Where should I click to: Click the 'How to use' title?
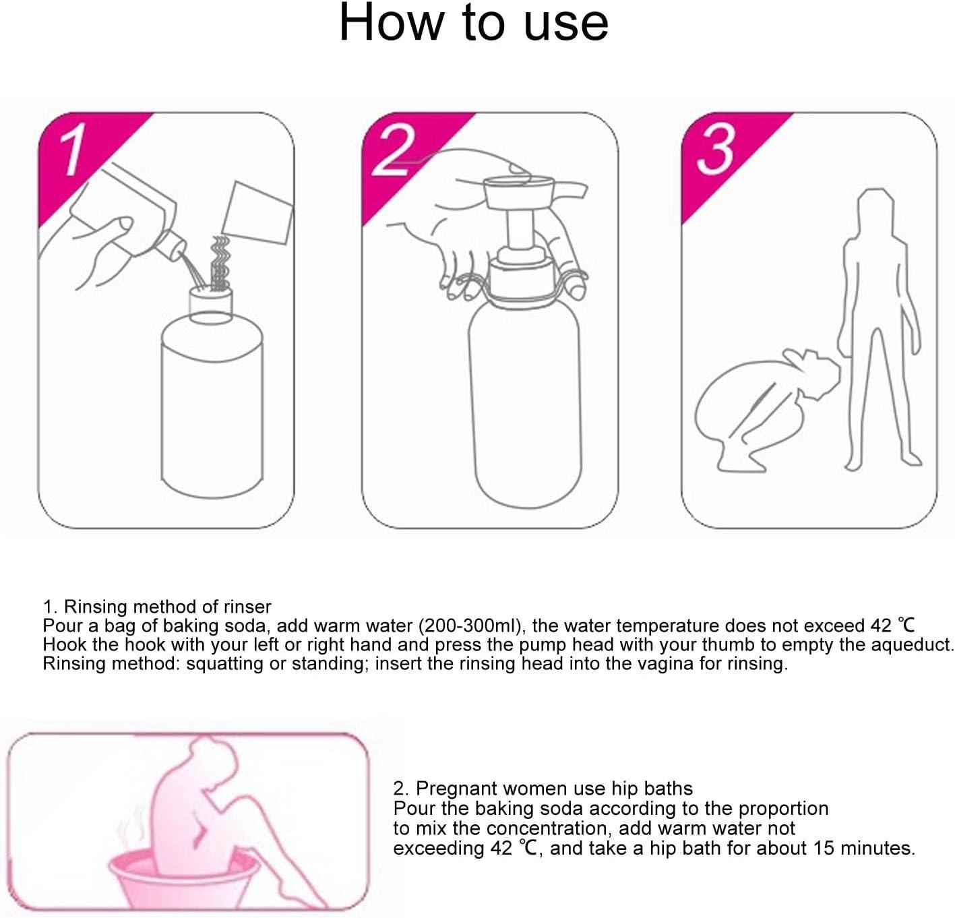pos(473,24)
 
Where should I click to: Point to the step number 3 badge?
pos(714,150)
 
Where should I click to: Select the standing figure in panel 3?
pos(876,324)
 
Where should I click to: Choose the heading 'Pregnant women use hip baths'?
pos(554,788)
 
